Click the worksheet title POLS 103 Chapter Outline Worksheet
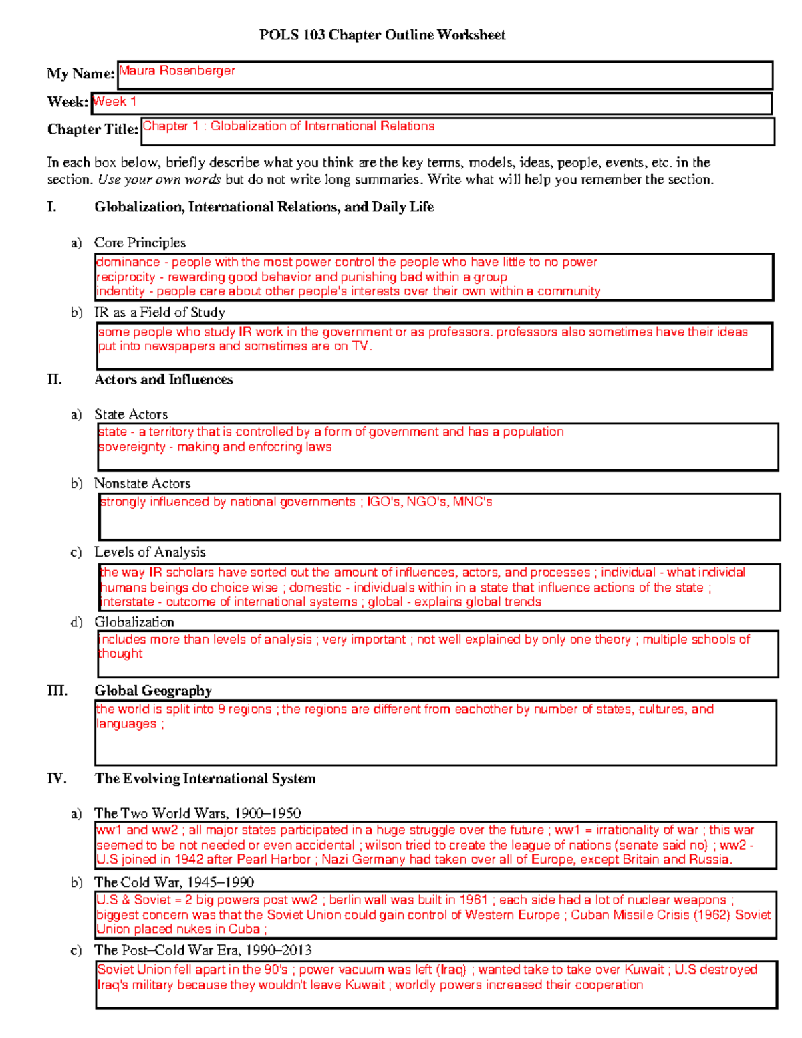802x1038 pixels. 382,35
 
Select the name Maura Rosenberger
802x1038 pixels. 177,70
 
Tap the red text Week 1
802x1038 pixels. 115,102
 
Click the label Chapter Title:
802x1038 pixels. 92,129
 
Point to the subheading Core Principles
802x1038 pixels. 140,243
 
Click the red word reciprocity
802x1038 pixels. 126,277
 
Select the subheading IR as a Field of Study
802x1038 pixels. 159,312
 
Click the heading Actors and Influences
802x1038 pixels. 164,379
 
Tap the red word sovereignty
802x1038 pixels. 132,447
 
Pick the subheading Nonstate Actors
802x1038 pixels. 142,483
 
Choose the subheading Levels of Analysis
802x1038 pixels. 150,552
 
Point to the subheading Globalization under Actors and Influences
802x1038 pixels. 134,622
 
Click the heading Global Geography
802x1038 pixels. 153,690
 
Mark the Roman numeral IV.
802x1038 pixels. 56,778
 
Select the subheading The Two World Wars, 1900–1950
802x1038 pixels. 197,813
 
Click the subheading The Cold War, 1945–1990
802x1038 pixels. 174,882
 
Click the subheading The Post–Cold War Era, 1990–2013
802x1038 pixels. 203,950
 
